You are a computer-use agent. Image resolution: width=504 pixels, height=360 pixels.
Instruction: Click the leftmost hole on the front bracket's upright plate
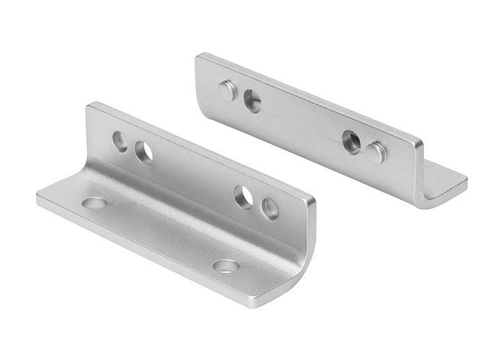coord(120,137)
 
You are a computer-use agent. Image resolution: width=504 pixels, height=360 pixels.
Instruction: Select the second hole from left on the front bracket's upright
coord(143,151)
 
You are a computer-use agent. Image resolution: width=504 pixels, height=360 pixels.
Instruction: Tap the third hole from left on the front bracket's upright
coord(243,196)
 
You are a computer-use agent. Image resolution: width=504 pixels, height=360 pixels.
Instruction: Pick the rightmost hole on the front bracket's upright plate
coord(270,208)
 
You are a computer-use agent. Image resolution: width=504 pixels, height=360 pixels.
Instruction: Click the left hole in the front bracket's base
coord(94,203)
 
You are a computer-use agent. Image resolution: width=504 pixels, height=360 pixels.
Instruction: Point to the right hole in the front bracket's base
coord(226,266)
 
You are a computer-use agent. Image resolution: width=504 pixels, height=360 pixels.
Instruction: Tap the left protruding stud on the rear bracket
coord(227,90)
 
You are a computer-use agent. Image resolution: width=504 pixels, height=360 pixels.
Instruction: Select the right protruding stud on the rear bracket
coord(376,152)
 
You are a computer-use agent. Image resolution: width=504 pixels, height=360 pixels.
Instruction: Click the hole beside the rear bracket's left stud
coord(252,101)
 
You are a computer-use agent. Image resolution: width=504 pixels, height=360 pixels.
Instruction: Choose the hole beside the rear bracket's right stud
coord(351,140)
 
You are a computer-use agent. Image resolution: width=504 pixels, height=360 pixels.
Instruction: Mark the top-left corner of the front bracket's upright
coord(89,107)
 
